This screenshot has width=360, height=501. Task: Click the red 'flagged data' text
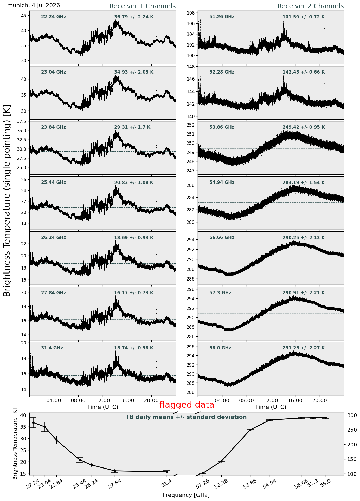tap(187, 405)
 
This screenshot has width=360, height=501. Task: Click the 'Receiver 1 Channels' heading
tap(142, 6)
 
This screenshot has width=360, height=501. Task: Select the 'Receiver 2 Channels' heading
tap(311, 6)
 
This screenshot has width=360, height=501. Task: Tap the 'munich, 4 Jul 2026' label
tap(34, 5)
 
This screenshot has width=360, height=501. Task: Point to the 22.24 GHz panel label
tap(54, 17)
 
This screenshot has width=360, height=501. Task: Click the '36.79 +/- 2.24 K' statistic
tap(134, 17)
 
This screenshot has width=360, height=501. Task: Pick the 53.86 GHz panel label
tap(222, 127)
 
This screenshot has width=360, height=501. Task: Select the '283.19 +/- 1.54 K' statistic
tap(304, 183)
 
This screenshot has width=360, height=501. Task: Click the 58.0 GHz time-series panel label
tap(220, 348)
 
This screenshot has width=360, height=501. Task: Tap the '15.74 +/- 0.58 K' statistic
tap(134, 348)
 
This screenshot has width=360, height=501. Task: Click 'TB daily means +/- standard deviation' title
tap(186, 417)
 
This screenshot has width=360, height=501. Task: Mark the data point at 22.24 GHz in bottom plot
tap(33, 422)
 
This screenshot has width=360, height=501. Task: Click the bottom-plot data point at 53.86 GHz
tap(250, 430)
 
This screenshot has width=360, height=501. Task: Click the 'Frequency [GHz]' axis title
tap(186, 495)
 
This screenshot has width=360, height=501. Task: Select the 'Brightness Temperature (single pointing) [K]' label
tap(7, 201)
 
